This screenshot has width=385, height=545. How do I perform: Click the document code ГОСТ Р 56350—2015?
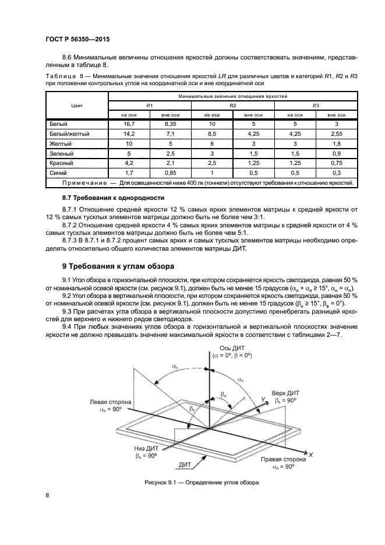(x=77, y=39)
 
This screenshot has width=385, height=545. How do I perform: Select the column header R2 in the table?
(x=232, y=105)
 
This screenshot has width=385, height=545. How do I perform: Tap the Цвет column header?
(x=76, y=106)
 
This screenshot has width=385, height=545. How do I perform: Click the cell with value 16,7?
(x=129, y=124)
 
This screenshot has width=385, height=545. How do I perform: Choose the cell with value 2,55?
(x=336, y=134)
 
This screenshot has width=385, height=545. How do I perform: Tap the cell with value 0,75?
(x=336, y=163)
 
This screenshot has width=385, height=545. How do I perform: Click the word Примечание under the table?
(x=84, y=183)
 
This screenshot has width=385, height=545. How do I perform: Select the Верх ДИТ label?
(x=287, y=393)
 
